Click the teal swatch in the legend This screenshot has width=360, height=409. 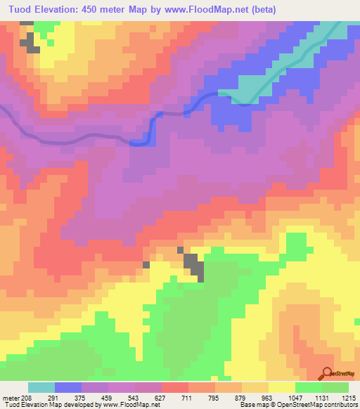tap(41, 387)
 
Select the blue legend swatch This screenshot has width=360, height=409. tap(67, 387)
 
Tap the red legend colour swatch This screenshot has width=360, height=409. tap(174, 387)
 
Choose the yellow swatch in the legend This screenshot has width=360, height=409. tap(281, 387)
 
